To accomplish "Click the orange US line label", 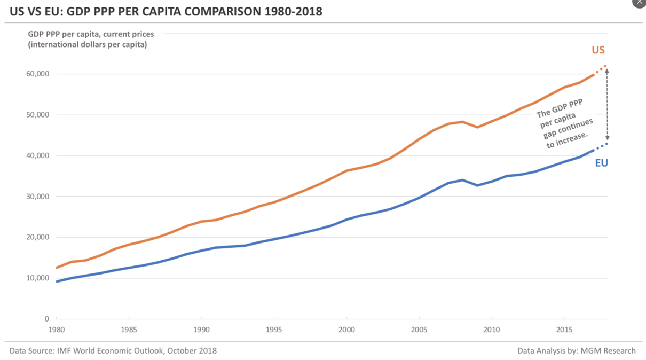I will click(x=598, y=50).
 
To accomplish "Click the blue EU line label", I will click(x=601, y=163).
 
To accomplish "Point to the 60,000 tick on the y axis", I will click(x=36, y=74).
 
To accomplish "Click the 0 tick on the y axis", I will click(x=46, y=319).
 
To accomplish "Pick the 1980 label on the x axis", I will click(x=56, y=329).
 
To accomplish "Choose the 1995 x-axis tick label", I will click(x=274, y=329).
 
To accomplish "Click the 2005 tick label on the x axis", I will click(x=420, y=329).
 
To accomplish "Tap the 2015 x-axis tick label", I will click(x=565, y=329).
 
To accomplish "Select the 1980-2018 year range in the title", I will click(x=297, y=11).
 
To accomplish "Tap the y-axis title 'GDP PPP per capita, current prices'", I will click(x=91, y=34).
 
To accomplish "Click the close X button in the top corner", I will click(x=639, y=3).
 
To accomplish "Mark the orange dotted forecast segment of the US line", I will click(x=601, y=69).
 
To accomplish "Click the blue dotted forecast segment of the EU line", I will click(x=601, y=147).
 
